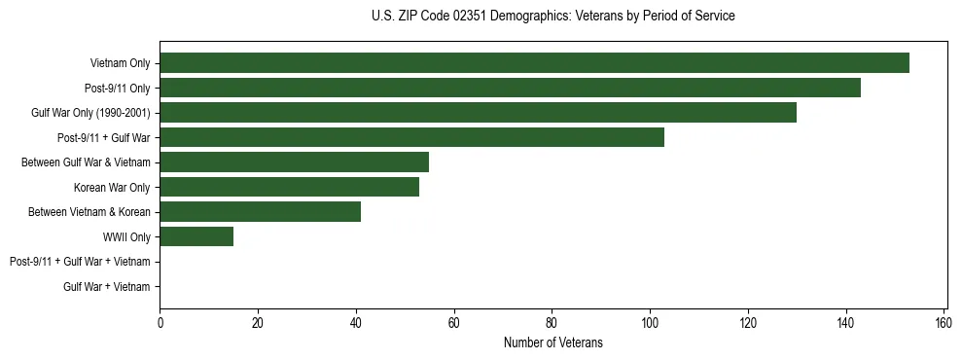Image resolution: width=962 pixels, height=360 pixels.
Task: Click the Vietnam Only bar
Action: click(534, 63)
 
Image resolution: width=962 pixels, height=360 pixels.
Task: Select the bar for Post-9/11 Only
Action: click(510, 88)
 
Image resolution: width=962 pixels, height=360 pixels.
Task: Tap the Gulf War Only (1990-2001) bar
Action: click(478, 113)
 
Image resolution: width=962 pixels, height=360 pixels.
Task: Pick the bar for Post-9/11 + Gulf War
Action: click(411, 137)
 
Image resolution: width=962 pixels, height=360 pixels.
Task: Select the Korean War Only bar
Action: click(289, 187)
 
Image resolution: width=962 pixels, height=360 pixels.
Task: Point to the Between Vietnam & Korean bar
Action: click(260, 212)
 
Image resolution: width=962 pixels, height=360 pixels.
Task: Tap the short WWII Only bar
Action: click(196, 236)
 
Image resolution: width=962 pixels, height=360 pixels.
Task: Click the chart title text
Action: click(552, 17)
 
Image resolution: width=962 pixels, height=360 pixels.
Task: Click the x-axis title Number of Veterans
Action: click(552, 342)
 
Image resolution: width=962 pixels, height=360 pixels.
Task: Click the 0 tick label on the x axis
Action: click(160, 323)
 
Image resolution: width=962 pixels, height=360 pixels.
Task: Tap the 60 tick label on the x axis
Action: click(453, 323)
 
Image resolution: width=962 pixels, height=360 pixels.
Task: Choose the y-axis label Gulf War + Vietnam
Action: click(106, 286)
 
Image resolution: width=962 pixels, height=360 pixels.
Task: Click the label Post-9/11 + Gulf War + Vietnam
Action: click(80, 262)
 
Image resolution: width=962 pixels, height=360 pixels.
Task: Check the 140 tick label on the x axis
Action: click(845, 323)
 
